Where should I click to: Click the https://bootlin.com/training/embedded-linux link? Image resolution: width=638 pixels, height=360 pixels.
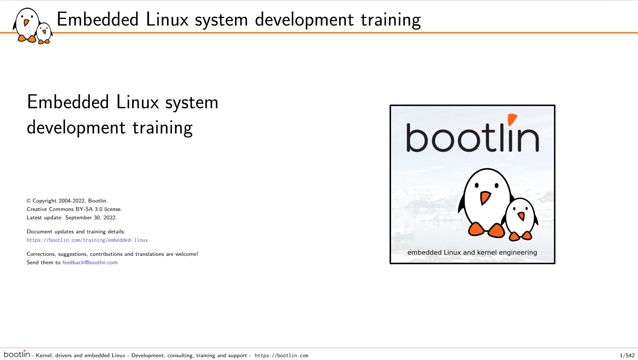tap(87, 240)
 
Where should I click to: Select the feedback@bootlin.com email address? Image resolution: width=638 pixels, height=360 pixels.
tap(90, 263)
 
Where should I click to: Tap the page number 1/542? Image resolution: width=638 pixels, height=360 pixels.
tap(627, 355)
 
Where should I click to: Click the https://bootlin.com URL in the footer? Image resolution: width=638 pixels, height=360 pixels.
tap(282, 356)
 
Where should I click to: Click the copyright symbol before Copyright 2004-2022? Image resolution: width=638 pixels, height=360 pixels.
tap(29, 201)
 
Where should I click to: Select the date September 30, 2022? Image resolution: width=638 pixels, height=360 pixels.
tap(91, 218)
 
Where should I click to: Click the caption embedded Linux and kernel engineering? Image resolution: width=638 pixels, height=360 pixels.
tap(472, 253)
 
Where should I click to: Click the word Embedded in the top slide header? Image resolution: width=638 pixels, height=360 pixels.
tap(98, 19)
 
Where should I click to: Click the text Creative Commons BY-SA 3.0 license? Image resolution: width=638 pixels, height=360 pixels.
tap(74, 209)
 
